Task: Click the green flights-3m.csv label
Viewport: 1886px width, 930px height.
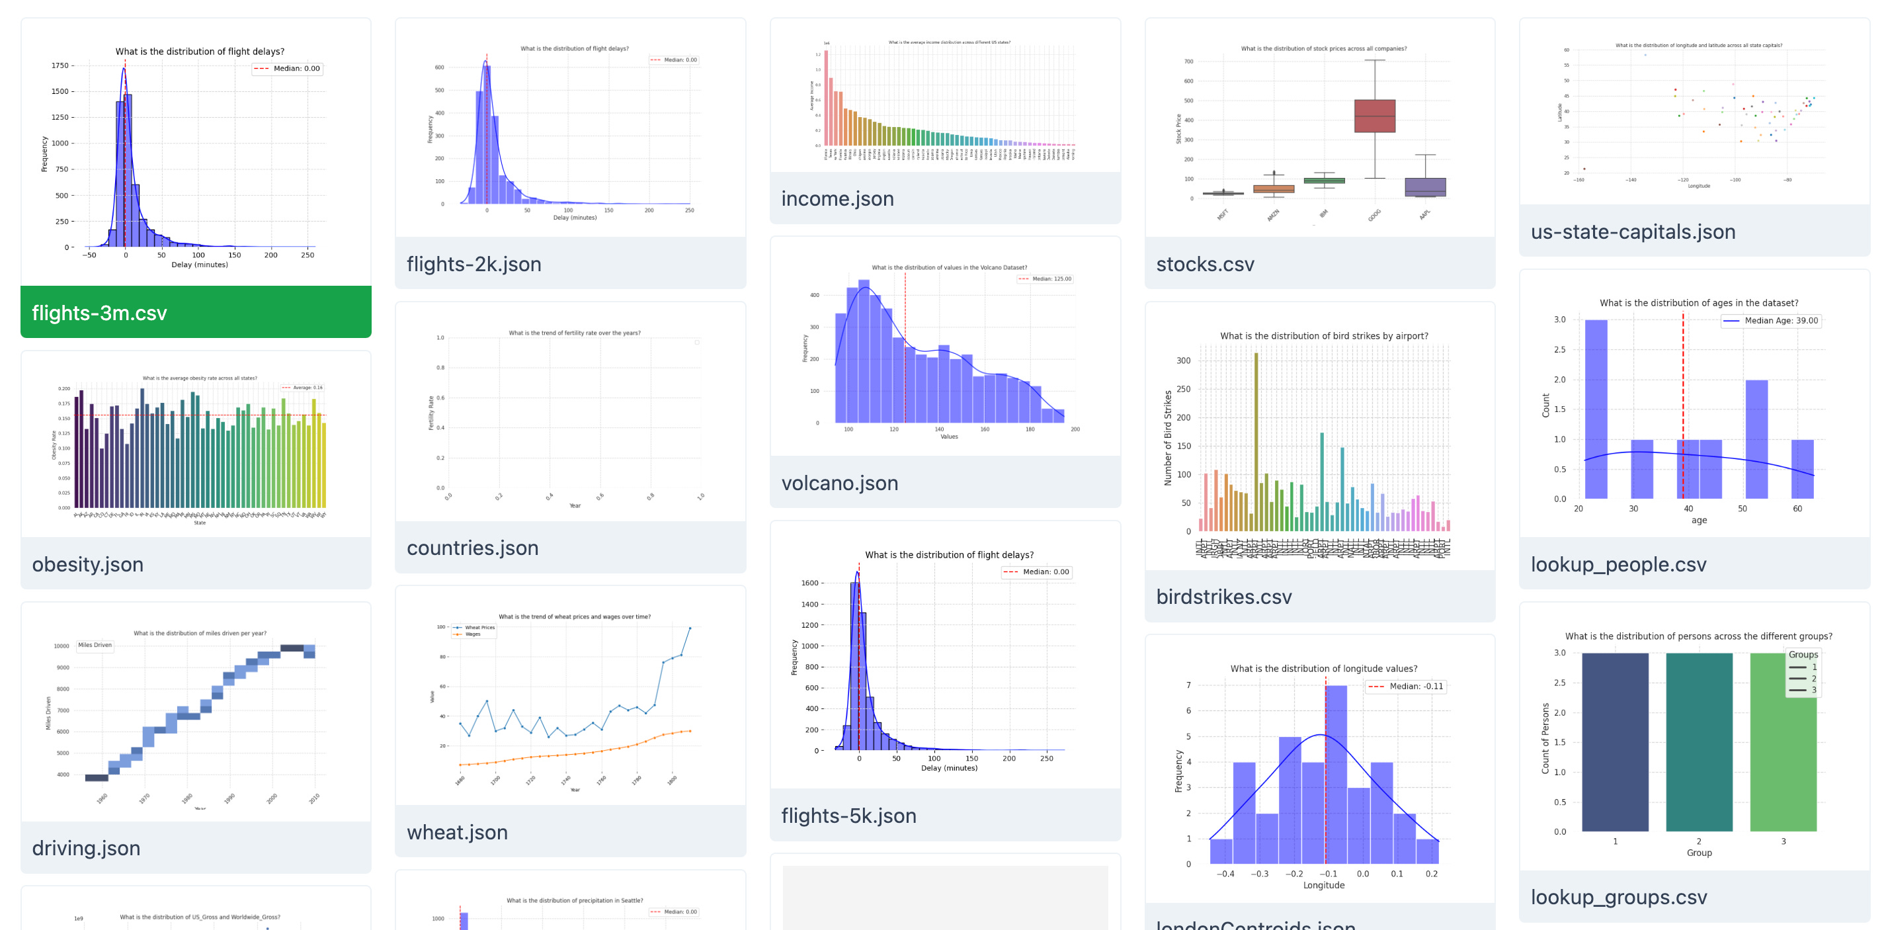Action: pos(100,313)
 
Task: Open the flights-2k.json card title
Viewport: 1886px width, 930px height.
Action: pos(473,264)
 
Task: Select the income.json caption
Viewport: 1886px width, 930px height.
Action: pos(837,198)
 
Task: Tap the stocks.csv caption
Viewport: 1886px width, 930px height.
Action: pos(1204,264)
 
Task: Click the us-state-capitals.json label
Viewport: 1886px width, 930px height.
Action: pos(1633,232)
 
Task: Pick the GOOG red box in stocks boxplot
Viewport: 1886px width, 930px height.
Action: pos(1374,116)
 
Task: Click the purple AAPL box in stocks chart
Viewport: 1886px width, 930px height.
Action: pos(1424,187)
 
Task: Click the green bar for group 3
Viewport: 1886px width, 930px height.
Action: pos(1782,741)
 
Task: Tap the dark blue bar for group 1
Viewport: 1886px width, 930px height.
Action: pos(1614,741)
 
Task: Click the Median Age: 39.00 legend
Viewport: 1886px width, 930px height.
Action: pos(1770,321)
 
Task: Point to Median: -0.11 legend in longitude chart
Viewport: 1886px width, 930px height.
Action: pos(1406,686)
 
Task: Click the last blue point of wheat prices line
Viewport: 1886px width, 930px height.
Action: pos(690,628)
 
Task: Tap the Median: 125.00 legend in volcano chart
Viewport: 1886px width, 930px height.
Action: pos(1045,279)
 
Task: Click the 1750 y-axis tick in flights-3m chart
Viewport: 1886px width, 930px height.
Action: pos(60,66)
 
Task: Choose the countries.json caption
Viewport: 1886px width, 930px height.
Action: pos(472,548)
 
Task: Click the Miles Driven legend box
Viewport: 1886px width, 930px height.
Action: pos(95,645)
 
